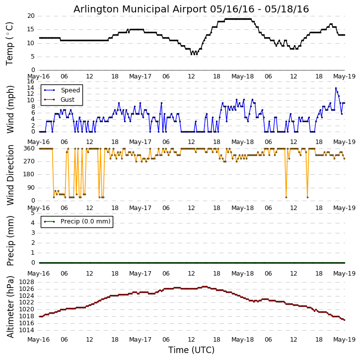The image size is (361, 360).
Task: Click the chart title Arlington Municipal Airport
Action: (191, 9)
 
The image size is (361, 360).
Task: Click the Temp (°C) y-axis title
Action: (10, 43)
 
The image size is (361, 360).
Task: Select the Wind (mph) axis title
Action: (10, 109)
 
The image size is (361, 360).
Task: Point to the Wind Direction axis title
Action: (10, 175)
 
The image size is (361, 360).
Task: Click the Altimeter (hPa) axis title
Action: (10, 306)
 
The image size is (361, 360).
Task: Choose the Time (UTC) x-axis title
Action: (191, 350)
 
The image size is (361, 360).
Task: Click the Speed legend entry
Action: (70, 90)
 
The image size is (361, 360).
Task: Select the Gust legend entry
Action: (67, 100)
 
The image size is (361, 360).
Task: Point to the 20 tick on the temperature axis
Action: (31, 16)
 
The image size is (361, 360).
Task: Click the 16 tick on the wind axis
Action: (31, 81)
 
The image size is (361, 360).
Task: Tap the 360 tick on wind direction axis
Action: (29, 148)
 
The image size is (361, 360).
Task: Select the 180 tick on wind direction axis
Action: (29, 174)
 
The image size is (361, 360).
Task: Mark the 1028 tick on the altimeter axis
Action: (26, 282)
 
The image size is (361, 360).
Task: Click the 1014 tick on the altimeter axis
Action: (26, 330)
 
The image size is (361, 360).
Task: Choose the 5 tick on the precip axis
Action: (32, 213)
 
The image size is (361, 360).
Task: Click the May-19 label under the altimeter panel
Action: (345, 340)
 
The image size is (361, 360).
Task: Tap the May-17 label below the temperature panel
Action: (141, 76)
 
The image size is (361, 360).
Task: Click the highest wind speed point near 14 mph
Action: (336, 88)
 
